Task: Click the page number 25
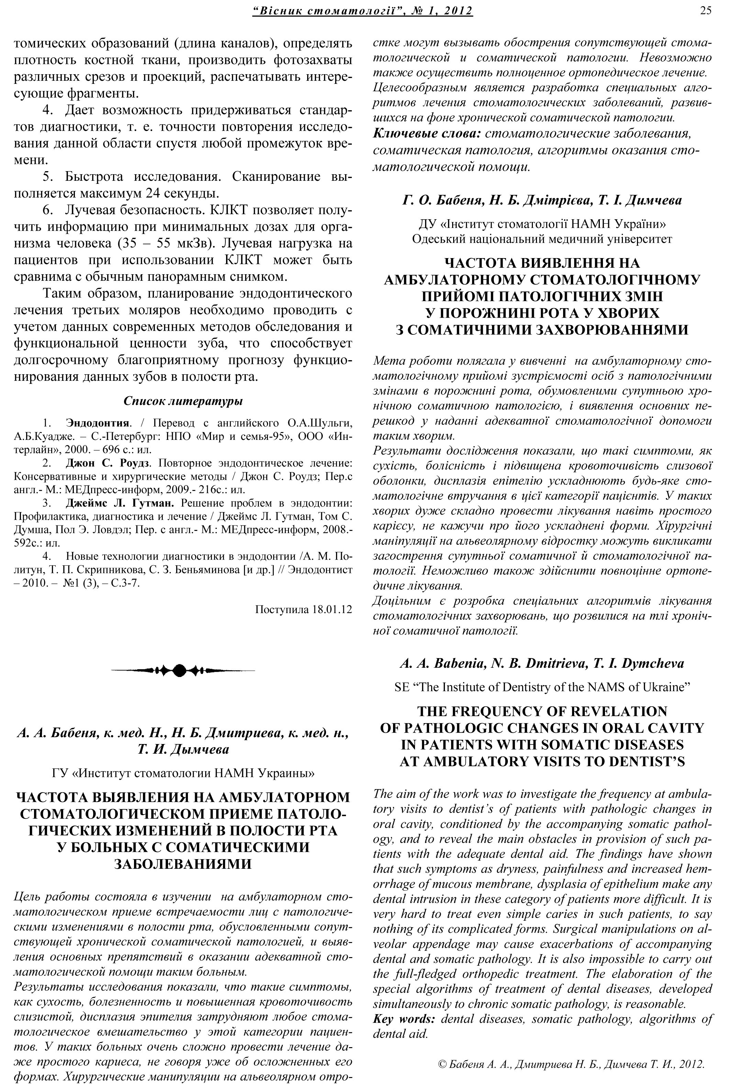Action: click(x=706, y=10)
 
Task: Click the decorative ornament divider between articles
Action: click(x=183, y=670)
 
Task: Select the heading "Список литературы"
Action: click(x=183, y=401)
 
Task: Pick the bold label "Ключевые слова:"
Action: click(x=427, y=133)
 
